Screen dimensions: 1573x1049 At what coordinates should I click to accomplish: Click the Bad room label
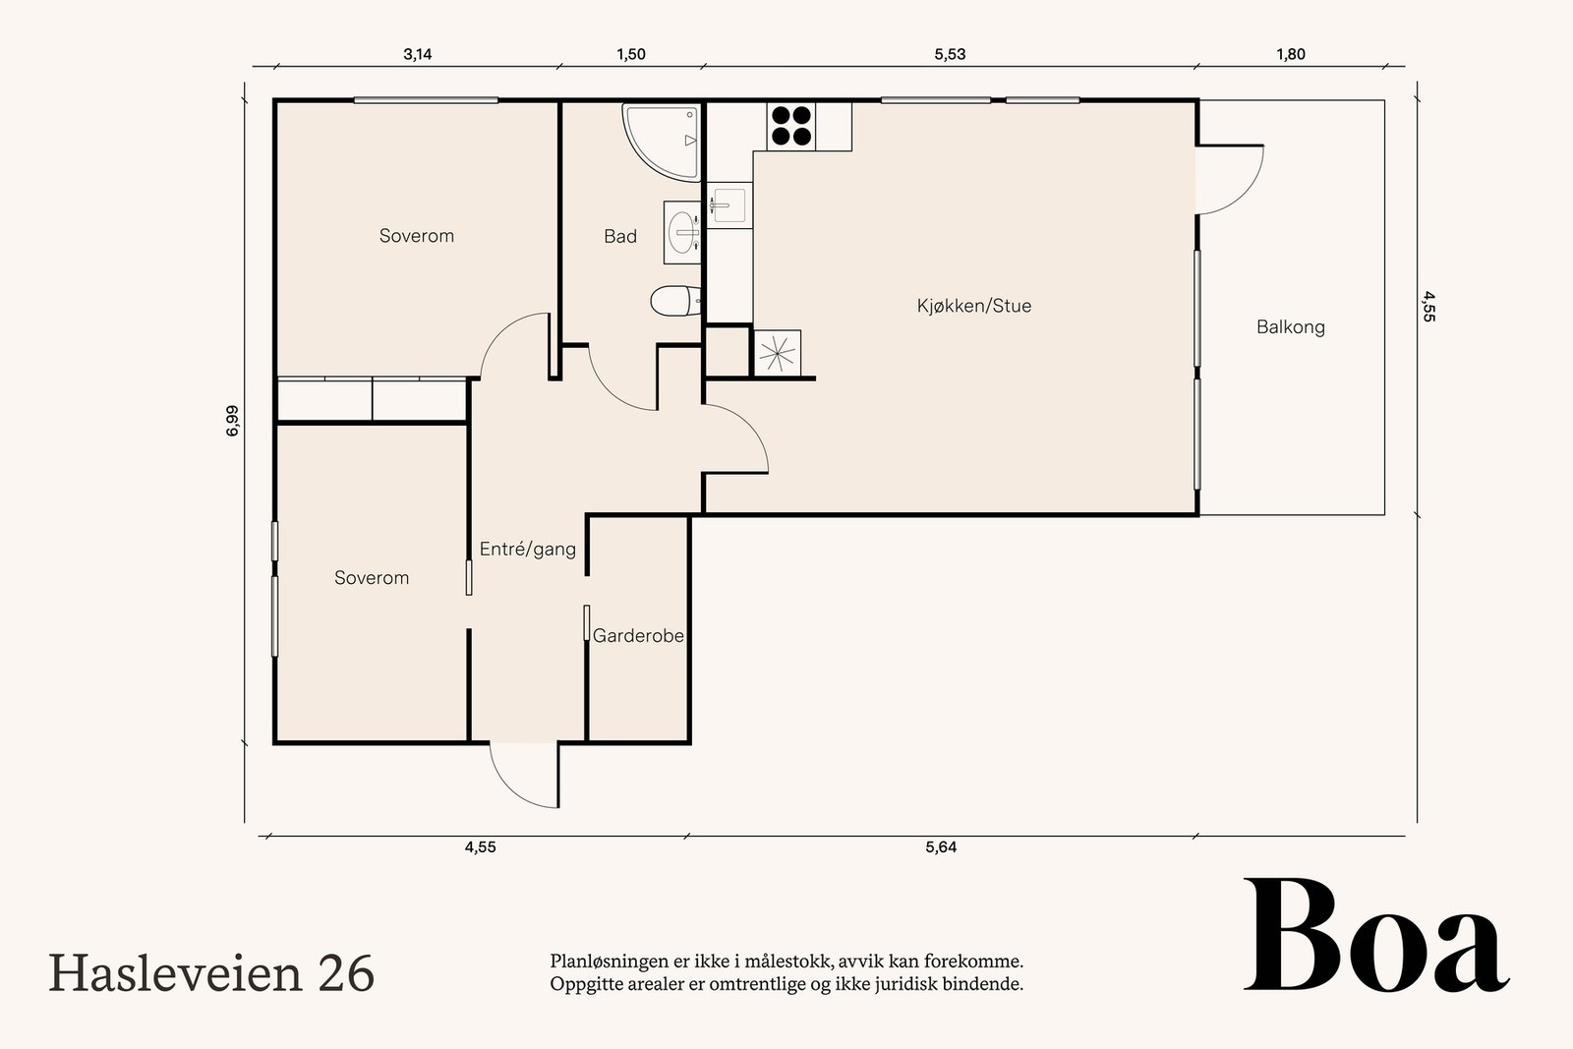(620, 237)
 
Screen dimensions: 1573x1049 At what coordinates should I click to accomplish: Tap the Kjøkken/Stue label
(974, 306)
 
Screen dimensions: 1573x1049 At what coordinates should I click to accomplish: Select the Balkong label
(1291, 327)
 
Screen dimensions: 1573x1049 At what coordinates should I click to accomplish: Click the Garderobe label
(638, 636)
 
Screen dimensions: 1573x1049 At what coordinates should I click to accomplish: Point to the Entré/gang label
(528, 549)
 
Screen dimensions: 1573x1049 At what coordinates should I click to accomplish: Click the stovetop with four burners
(791, 126)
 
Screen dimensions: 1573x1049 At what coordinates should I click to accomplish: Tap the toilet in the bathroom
(675, 301)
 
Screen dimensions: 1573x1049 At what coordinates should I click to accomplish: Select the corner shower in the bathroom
(661, 143)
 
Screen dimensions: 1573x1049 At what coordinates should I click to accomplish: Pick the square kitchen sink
(729, 205)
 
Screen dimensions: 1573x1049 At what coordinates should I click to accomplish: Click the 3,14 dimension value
(418, 55)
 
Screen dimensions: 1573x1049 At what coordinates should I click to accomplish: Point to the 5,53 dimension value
(950, 55)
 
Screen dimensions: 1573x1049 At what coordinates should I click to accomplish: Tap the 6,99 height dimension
(232, 421)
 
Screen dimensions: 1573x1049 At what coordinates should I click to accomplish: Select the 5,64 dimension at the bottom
(941, 847)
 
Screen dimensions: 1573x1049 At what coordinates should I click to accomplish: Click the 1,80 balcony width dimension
(1291, 55)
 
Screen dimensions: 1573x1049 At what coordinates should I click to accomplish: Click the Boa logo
(1376, 935)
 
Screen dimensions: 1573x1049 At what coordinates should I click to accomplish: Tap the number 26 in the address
(346, 974)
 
